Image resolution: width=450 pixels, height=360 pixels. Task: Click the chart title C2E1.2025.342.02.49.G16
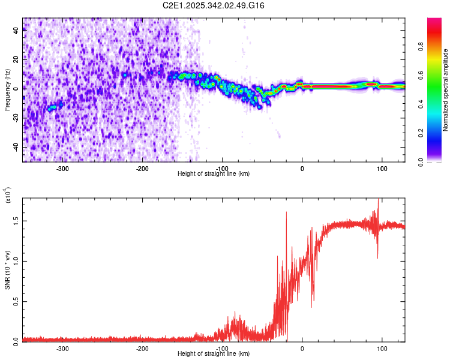(214, 5)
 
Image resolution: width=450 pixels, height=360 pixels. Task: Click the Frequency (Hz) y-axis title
(7, 90)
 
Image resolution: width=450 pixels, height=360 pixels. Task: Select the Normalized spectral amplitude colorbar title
(446, 90)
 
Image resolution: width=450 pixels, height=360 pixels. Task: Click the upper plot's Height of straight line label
(214, 173)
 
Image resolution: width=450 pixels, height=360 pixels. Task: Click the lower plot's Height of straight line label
(214, 353)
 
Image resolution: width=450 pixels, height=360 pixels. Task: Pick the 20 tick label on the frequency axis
(15, 59)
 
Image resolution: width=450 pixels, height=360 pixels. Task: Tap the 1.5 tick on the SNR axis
(15, 220)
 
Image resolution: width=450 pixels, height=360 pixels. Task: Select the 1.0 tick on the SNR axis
(15, 260)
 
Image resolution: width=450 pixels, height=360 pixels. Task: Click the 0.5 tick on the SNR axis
(15, 301)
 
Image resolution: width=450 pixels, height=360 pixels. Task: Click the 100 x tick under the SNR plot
(382, 348)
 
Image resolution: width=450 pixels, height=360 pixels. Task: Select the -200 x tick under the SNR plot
(142, 348)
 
